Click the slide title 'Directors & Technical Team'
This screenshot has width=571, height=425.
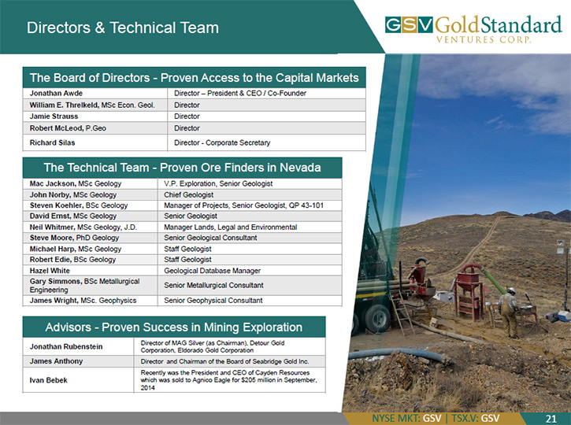(x=123, y=28)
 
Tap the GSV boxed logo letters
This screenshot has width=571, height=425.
(x=409, y=24)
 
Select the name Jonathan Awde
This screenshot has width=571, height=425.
(x=56, y=93)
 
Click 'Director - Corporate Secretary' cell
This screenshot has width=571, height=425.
(x=222, y=142)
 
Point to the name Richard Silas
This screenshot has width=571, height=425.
(x=53, y=142)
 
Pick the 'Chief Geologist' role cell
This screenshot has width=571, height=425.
(x=189, y=194)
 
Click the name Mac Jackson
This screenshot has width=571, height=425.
(x=53, y=183)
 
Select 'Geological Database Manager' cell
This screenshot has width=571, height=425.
(x=213, y=271)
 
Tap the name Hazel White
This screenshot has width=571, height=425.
(x=50, y=271)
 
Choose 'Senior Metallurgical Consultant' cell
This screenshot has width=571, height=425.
(x=213, y=285)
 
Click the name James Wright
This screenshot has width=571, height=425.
(x=54, y=301)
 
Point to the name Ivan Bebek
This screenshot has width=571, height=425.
(x=48, y=380)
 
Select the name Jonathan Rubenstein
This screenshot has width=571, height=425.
(x=66, y=347)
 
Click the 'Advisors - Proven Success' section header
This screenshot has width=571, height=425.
(x=174, y=327)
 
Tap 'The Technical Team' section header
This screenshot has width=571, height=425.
(x=182, y=168)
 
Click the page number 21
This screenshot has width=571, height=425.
(x=551, y=419)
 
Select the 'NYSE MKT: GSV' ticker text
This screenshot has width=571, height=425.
(x=406, y=419)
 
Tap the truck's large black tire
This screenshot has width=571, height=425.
(x=377, y=319)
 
